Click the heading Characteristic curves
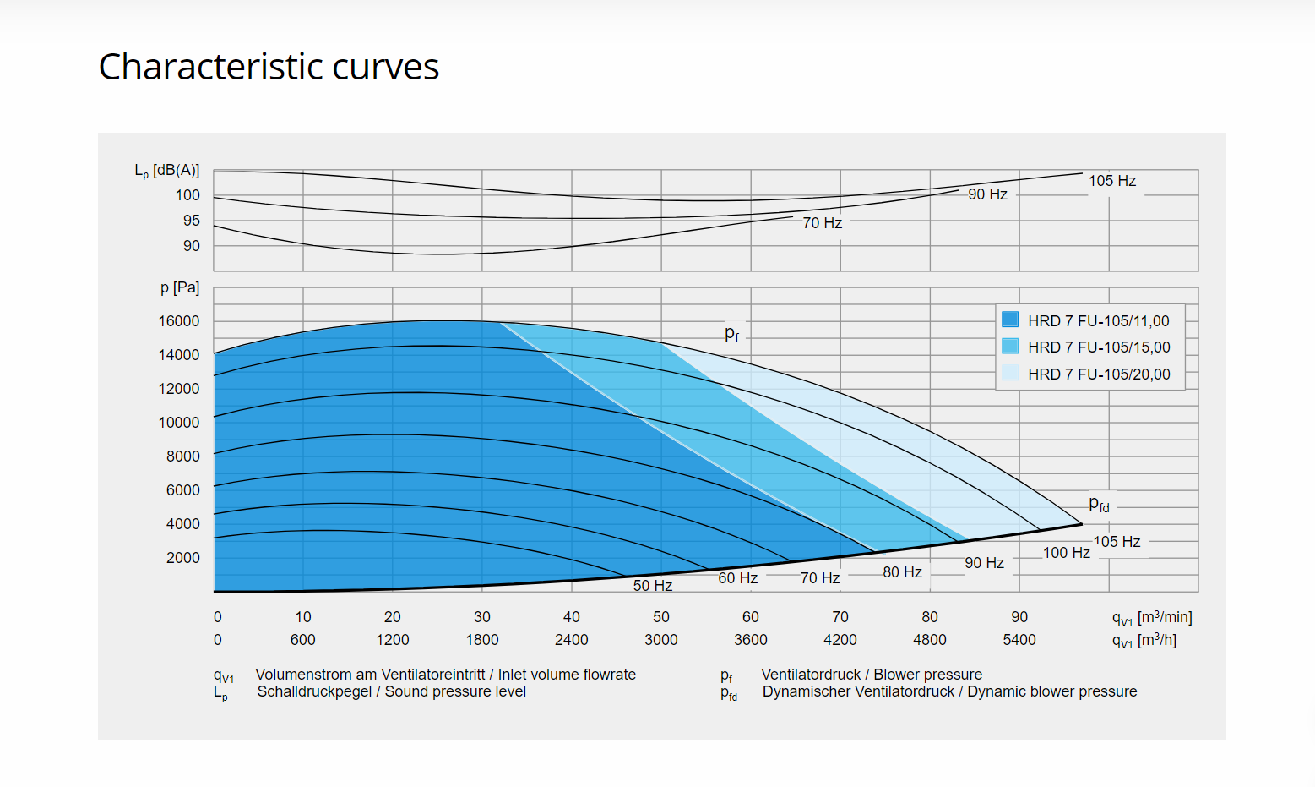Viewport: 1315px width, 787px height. click(x=269, y=67)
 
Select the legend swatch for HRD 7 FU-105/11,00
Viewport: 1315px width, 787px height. click(x=1010, y=320)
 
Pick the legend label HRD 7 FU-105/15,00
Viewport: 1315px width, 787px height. click(x=1099, y=347)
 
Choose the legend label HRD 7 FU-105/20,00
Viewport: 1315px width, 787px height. click(x=1099, y=374)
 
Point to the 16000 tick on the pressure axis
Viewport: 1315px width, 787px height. click(x=179, y=321)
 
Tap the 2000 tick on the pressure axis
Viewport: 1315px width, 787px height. click(x=183, y=558)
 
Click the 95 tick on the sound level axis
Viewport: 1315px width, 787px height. click(x=192, y=221)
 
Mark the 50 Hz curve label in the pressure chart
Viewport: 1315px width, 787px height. click(x=653, y=586)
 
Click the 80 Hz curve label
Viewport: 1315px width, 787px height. click(x=902, y=572)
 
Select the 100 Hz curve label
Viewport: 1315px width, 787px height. click(x=1066, y=553)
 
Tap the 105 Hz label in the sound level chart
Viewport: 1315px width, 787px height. click(x=1111, y=181)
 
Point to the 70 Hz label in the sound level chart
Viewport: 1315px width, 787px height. click(x=822, y=223)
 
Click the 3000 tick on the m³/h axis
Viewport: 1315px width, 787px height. click(x=660, y=640)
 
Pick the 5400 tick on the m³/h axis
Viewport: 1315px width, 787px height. click(x=1019, y=640)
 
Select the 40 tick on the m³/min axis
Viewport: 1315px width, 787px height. click(x=572, y=617)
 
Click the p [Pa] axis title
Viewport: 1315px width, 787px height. click(x=180, y=287)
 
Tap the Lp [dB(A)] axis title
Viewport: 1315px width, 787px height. click(x=167, y=171)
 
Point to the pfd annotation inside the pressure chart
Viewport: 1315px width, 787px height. click(x=1099, y=505)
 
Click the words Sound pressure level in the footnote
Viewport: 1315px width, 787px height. click(x=455, y=691)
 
